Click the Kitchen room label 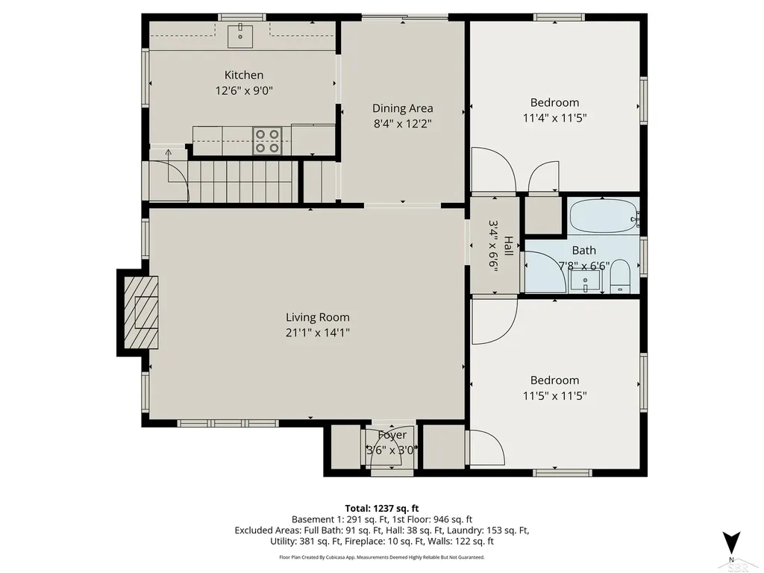click(x=244, y=75)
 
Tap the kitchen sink click(x=240, y=35)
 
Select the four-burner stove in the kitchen click(x=268, y=141)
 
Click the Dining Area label click(x=402, y=108)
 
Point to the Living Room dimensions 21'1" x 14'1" click(x=318, y=333)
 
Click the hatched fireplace click(x=141, y=313)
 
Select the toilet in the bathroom click(x=620, y=276)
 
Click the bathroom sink click(x=585, y=281)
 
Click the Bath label click(x=583, y=251)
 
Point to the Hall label click(x=508, y=246)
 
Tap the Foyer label click(x=392, y=435)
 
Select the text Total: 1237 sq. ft click(x=382, y=509)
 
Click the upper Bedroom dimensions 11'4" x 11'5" click(x=554, y=118)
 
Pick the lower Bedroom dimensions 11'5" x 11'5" click(x=554, y=395)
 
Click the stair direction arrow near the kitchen click(x=169, y=166)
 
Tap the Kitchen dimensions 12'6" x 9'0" click(x=244, y=90)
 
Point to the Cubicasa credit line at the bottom click(x=382, y=557)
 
